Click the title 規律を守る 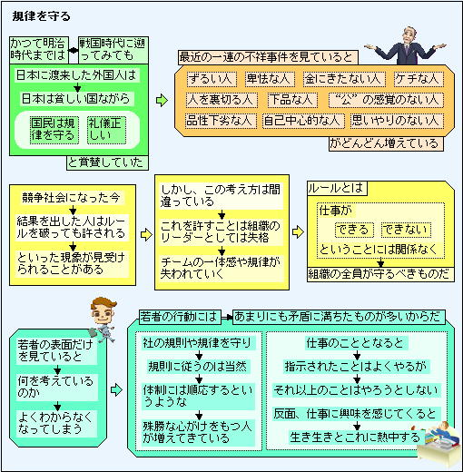point(41,16)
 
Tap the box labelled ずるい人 point(212,79)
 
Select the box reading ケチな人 point(419,79)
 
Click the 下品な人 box point(292,100)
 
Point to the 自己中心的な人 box point(303,121)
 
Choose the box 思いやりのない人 point(397,121)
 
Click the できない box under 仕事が point(406,230)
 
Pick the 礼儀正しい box point(106,130)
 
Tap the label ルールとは point(337,189)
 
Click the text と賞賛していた point(107,162)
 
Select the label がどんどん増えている point(386,143)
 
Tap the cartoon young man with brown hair point(103,319)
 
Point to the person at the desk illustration point(438,442)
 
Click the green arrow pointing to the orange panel point(162,100)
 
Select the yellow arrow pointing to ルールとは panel point(298,232)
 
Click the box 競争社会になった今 point(71,198)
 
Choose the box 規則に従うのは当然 point(198,367)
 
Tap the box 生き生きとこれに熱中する point(356,438)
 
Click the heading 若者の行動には point(180,317)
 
